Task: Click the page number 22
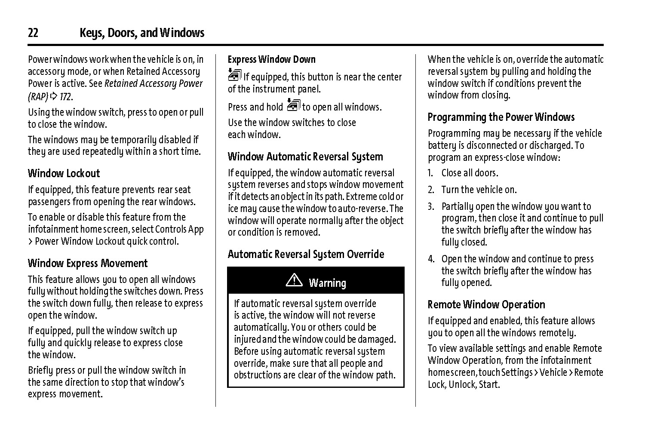tap(33, 33)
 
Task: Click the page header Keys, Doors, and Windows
tap(142, 33)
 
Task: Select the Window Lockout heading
tap(64, 174)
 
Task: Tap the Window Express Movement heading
tap(88, 264)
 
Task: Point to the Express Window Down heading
tap(271, 60)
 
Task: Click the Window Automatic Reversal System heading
tap(305, 157)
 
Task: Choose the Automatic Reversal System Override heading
tap(306, 255)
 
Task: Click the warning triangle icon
tap(294, 281)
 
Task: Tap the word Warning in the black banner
tap(327, 283)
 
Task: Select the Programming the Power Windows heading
tap(501, 117)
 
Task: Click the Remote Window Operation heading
tap(486, 305)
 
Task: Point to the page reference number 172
tap(65, 97)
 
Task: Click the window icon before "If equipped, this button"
tap(235, 75)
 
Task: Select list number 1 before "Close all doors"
tap(430, 173)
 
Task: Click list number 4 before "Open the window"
tap(431, 259)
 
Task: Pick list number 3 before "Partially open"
tap(431, 207)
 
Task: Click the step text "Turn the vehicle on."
tap(479, 190)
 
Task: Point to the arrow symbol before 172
tap(53, 97)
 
